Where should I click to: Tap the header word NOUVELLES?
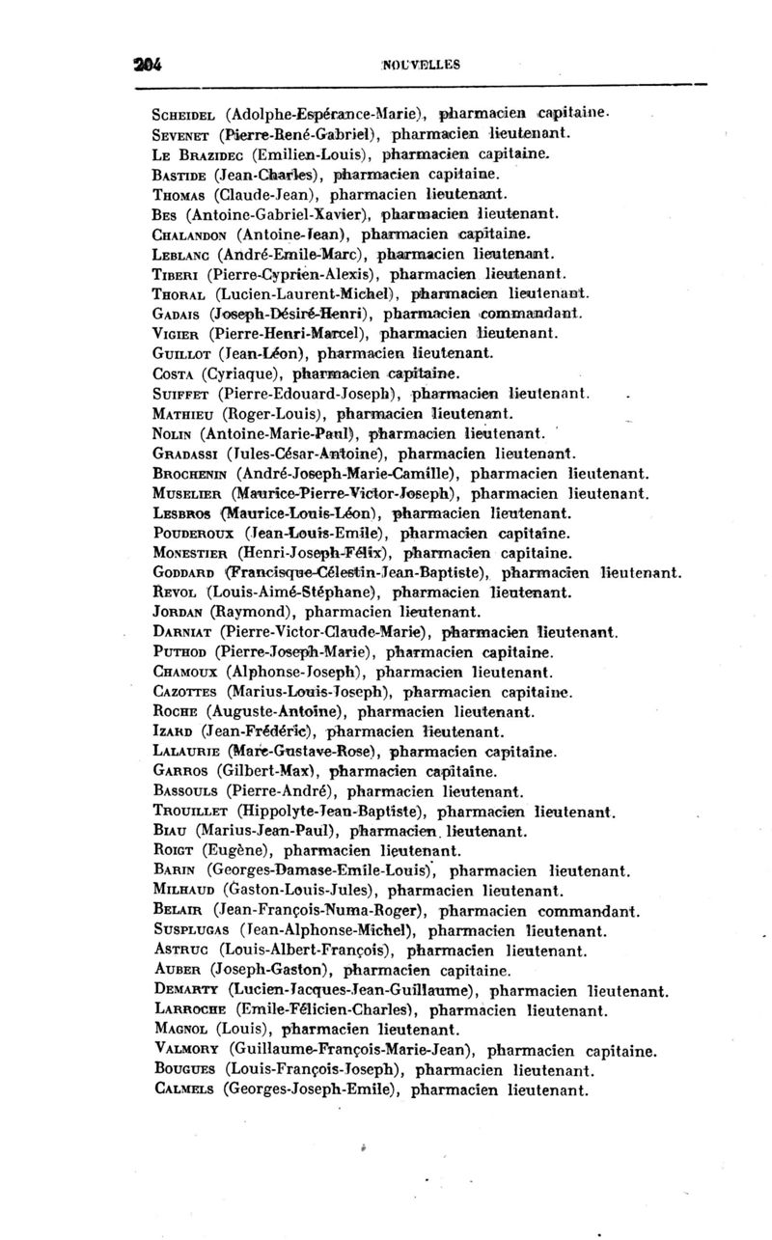(421, 66)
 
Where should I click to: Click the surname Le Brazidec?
(199, 154)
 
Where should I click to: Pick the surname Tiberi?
(178, 274)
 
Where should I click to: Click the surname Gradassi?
(192, 453)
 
